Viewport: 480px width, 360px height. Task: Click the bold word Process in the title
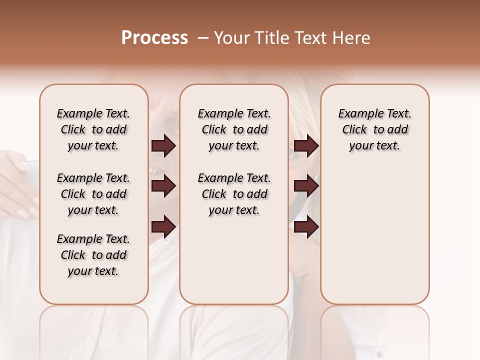[154, 38]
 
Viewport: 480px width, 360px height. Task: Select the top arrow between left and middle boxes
[163, 146]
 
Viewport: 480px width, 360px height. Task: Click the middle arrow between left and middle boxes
[163, 186]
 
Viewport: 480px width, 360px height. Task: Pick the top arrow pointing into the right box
[306, 146]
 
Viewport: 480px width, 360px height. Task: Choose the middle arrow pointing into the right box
[306, 186]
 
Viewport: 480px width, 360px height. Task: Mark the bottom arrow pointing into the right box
[306, 227]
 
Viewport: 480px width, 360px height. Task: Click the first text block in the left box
[93, 129]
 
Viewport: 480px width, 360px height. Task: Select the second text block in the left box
[93, 194]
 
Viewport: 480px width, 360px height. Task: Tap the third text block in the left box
[93, 255]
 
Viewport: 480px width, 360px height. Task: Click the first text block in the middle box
[234, 129]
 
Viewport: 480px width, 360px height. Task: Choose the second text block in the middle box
[234, 194]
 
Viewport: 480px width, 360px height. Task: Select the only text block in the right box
[374, 129]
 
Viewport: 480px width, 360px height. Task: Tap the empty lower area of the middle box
[234, 260]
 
